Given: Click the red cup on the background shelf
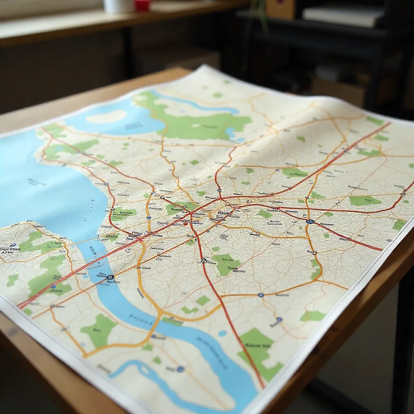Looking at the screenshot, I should coord(143,5).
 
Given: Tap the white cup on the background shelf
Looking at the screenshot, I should coord(118,6).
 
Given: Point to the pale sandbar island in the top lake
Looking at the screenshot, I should coord(106,117).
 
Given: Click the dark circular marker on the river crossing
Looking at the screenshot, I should coord(110,278).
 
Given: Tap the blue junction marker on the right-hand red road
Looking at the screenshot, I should coord(310,222).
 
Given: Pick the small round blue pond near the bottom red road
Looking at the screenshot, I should coord(222,333).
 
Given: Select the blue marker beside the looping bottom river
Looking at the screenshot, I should coord(180,369).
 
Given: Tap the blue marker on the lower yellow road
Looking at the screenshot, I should coord(261,295).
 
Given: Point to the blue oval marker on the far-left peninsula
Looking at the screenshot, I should coord(13,245).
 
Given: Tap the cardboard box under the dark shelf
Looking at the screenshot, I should coord(338,91).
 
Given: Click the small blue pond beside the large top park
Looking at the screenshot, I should coord(231,132).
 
